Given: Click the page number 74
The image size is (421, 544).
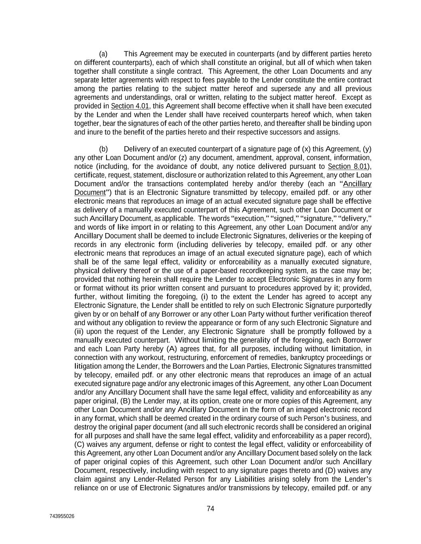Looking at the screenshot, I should pos(210,509).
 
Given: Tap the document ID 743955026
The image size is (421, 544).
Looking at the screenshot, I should pos(62,517).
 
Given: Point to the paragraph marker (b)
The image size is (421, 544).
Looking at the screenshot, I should pos(103,149).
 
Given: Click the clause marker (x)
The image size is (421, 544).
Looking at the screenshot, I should pos(306,149).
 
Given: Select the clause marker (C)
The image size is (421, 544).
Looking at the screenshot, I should pos(79,444).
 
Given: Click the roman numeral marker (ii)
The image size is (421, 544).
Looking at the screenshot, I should pos(79,332).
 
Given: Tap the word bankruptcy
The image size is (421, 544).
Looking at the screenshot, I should pos(309,357).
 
